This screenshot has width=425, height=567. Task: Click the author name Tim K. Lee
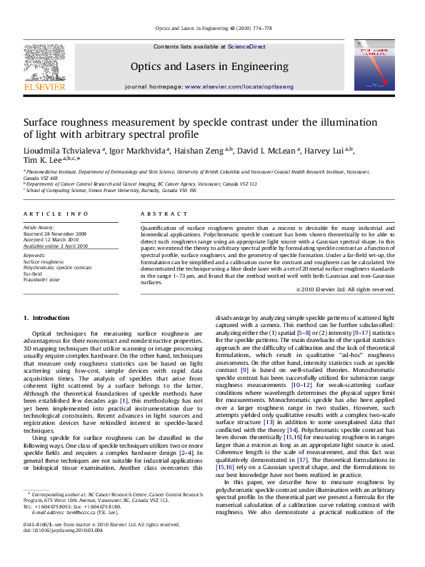click(43, 161)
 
